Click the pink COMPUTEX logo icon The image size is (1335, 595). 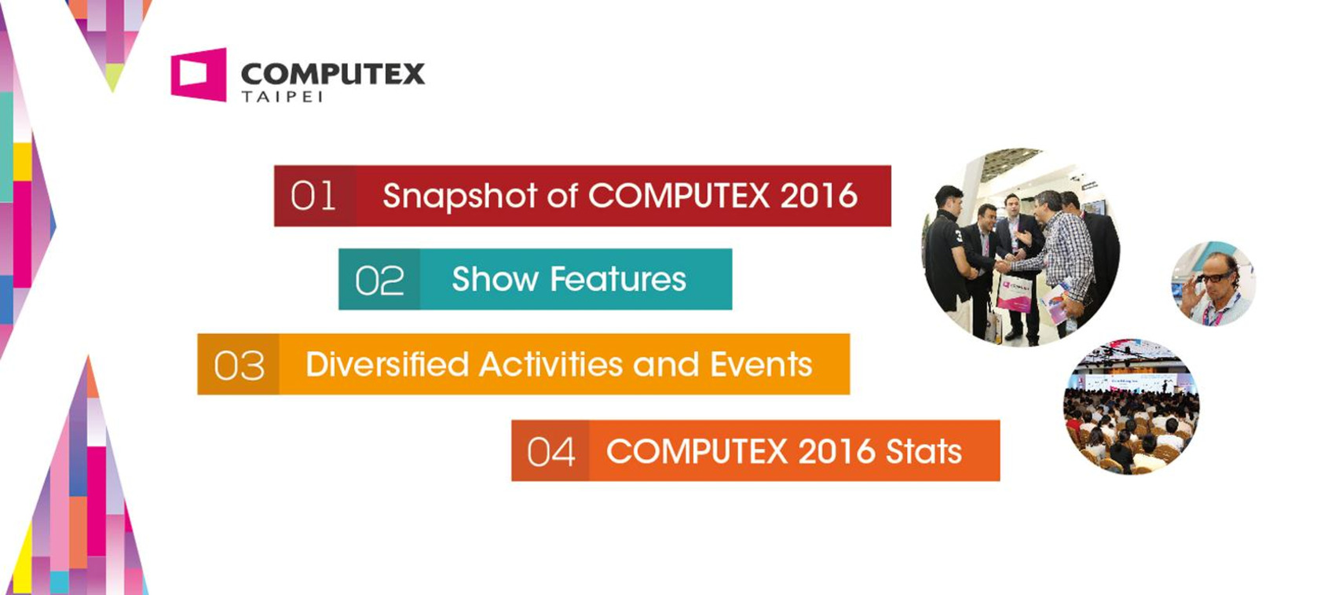pyautogui.click(x=199, y=75)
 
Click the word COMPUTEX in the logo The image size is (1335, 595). pyautogui.click(x=332, y=75)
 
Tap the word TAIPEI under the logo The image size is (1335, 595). pyautogui.click(x=282, y=97)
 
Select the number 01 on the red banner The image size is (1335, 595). pyautogui.click(x=313, y=196)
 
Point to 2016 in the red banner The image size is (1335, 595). pyautogui.click(x=818, y=195)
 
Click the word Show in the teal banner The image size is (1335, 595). pyautogui.click(x=495, y=279)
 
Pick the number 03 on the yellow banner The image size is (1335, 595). pyautogui.click(x=239, y=365)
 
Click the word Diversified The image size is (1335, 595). pyautogui.click(x=387, y=363)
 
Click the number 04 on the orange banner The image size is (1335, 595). pyautogui.click(x=550, y=452)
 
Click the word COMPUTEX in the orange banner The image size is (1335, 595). pyautogui.click(x=697, y=451)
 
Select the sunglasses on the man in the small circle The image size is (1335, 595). pyautogui.click(x=1216, y=277)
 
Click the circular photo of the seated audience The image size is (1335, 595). pyautogui.click(x=1131, y=407)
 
